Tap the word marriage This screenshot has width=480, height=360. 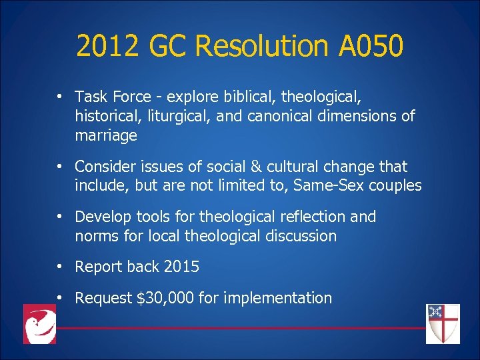[x=106, y=136]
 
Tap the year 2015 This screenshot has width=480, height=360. [x=181, y=267]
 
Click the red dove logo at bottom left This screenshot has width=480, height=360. [x=39, y=324]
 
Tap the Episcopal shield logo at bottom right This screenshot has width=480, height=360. [x=443, y=324]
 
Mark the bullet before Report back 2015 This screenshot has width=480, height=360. [x=60, y=267]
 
